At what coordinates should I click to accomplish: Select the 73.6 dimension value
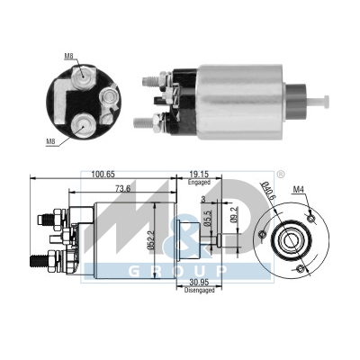122,189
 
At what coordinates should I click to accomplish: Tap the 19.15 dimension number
199,175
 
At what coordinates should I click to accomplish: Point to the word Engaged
199,182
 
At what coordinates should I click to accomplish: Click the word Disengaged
200,290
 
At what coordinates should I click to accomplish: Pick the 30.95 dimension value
200,283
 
